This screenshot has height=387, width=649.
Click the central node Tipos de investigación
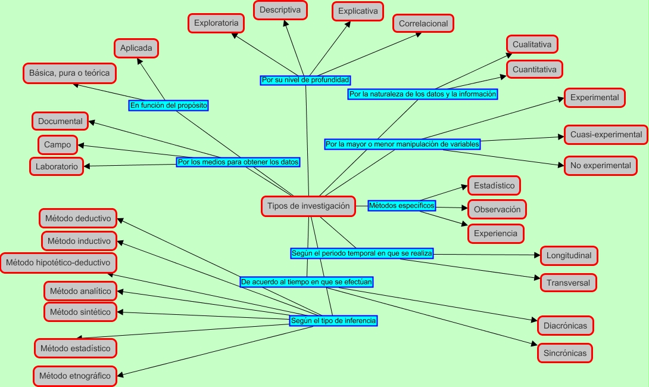(x=308, y=206)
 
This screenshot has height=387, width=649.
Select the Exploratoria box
(x=216, y=24)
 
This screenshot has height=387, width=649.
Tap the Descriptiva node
(x=280, y=10)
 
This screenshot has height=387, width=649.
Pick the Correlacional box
(x=423, y=24)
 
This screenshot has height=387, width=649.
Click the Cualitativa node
(x=532, y=44)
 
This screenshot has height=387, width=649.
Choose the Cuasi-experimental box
(x=606, y=135)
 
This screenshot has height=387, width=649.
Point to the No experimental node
(x=600, y=166)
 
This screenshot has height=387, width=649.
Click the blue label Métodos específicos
(x=401, y=206)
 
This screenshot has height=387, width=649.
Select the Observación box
(x=497, y=209)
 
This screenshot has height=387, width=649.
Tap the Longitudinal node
(x=569, y=256)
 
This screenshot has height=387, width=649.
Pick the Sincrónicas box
(x=565, y=353)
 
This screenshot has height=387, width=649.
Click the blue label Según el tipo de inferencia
(x=333, y=321)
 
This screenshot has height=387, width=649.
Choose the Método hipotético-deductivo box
(x=58, y=262)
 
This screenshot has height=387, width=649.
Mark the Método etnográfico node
(x=75, y=376)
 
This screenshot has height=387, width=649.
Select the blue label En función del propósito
(x=169, y=106)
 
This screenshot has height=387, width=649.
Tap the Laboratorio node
(x=57, y=167)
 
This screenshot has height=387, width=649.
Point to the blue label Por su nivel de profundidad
(x=305, y=80)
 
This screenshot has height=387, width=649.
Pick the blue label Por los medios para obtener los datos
(x=238, y=162)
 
